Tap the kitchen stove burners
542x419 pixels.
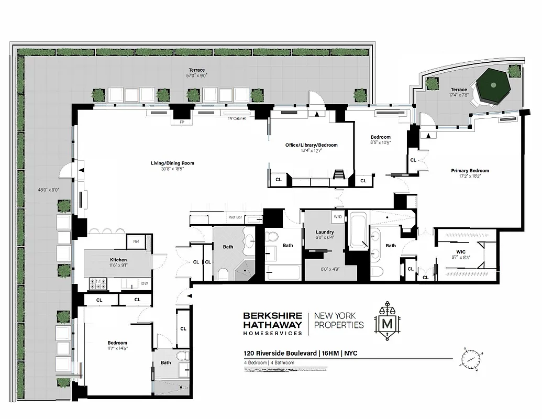click(98, 284)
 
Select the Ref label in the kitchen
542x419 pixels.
click(135, 241)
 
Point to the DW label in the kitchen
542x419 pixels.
click(143, 283)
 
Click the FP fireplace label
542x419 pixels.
click(182, 123)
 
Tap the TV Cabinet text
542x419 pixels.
click(237, 118)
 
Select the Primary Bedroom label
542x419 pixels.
click(470, 171)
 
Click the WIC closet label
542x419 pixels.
click(460, 252)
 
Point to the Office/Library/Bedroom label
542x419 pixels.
click(311, 145)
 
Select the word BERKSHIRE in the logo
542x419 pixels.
click(272, 315)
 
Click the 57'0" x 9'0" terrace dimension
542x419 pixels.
click(197, 75)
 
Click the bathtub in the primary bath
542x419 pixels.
click(359, 230)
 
